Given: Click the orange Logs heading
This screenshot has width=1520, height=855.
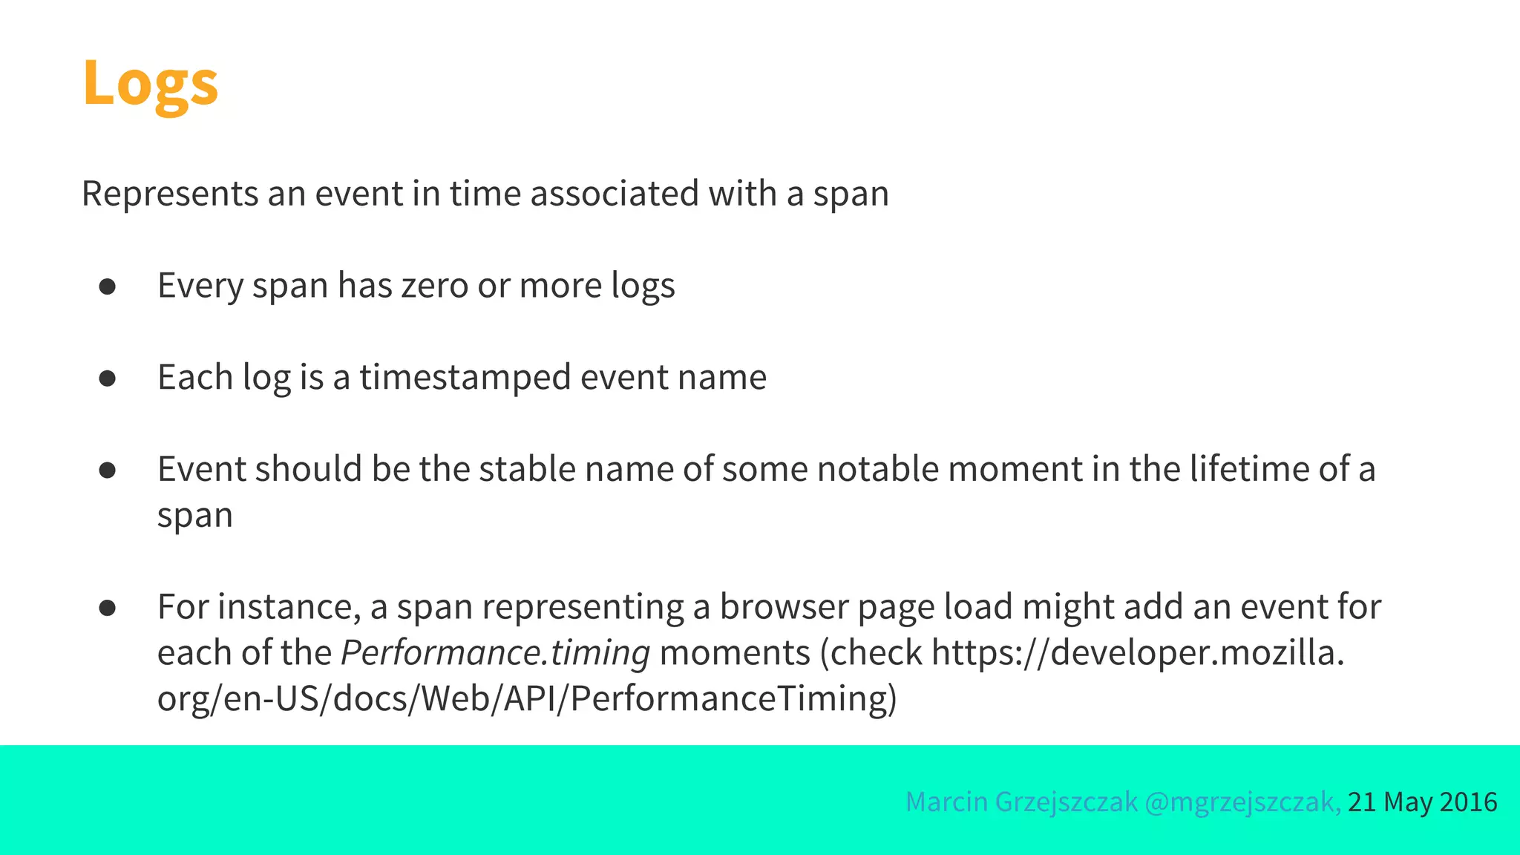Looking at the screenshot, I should point(150,83).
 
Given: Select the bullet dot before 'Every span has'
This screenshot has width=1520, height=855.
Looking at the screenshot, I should point(108,286).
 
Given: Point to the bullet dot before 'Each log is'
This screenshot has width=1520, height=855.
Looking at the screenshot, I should point(108,379).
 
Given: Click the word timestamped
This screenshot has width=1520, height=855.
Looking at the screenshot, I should point(465,378).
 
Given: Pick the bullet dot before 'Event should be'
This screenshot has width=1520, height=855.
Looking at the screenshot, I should point(108,470).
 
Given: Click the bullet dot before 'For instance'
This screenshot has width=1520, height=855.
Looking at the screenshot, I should point(108,608).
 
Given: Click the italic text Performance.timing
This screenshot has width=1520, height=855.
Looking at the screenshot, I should point(495,653).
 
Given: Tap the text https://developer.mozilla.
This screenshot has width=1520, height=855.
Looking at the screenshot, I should point(1137,653).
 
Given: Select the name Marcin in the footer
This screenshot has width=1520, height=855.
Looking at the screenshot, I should point(946,802).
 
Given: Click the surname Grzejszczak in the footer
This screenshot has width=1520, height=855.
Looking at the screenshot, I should point(1066,802).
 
